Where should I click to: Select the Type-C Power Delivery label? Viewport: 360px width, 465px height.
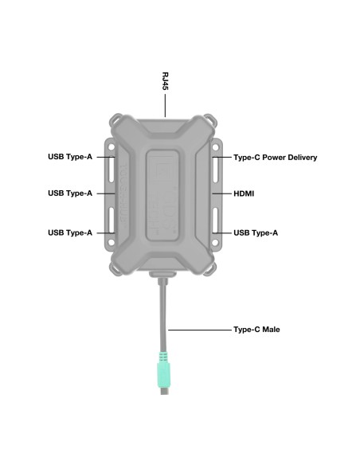pos(275,158)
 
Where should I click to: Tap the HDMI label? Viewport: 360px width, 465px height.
pos(244,193)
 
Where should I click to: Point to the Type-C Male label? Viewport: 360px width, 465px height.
pos(256,329)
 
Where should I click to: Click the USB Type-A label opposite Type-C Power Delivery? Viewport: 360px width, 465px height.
pos(70,158)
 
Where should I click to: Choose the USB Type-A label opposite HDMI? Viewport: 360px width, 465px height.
pos(70,193)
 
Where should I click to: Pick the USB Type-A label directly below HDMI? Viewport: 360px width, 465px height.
pos(256,232)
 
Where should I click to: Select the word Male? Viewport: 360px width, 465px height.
pos(271,329)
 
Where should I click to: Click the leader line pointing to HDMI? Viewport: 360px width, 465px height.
pos(221,193)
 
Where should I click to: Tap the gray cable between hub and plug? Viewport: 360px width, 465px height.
pos(164,315)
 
